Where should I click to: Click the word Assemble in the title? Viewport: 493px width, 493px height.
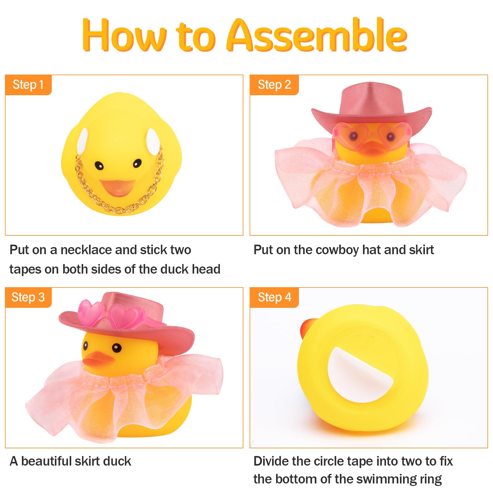pos(317,35)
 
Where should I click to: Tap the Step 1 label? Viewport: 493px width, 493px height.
pos(28,85)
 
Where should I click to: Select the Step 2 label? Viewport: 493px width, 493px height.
pos(274,85)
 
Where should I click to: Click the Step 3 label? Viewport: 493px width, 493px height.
pos(28,297)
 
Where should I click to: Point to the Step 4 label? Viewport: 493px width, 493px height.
pos(274,297)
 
